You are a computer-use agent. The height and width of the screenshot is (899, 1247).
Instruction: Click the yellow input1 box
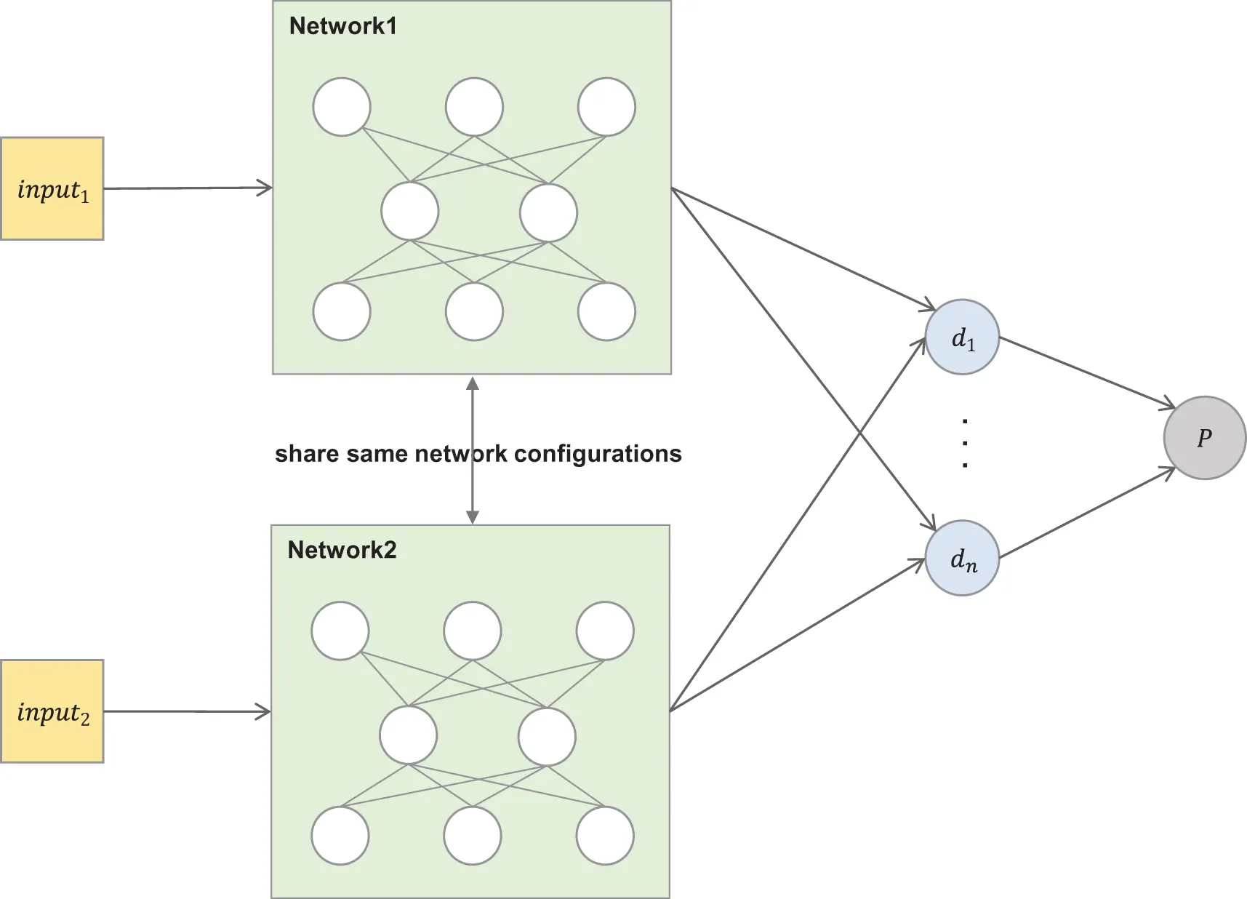52,188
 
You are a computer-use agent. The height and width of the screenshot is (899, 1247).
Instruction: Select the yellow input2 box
52,711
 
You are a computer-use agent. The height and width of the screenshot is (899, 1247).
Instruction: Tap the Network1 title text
342,26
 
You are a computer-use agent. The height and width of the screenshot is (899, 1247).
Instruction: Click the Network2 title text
342,550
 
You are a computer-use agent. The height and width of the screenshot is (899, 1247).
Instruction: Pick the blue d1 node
962,337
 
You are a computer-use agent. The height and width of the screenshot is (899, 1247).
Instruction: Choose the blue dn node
962,558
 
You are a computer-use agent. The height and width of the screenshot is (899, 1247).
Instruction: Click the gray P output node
1204,438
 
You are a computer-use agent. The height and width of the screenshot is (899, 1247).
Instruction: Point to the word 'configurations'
598,454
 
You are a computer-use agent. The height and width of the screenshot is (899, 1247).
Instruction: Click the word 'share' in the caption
305,454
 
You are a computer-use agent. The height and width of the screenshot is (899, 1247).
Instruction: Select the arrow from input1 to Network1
188,188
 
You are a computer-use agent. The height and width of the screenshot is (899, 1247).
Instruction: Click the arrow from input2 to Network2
187,711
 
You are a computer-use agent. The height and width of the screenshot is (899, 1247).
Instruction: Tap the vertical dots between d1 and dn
964,442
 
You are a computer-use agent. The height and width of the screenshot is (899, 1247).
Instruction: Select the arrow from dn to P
1086,514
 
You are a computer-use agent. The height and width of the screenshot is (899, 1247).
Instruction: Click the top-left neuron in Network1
342,107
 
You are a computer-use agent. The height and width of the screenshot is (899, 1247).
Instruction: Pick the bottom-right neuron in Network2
605,836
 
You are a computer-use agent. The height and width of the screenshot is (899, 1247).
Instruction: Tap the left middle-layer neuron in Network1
410,212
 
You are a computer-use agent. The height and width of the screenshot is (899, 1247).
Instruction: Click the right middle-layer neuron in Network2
547,736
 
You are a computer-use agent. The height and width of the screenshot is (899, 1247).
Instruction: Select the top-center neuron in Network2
473,631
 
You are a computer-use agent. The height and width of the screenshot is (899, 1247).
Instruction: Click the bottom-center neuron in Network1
474,312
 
